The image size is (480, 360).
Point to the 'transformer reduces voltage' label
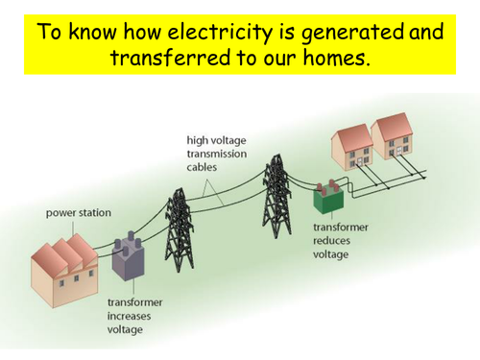[339, 241]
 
